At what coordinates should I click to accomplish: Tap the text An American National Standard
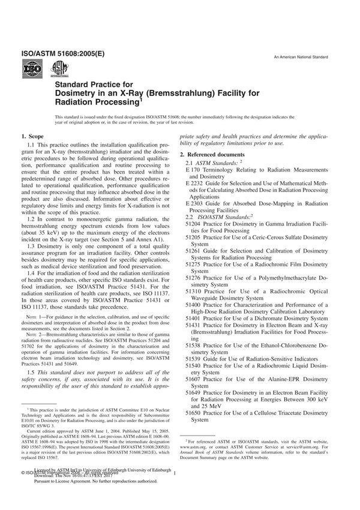[x=300, y=56]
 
